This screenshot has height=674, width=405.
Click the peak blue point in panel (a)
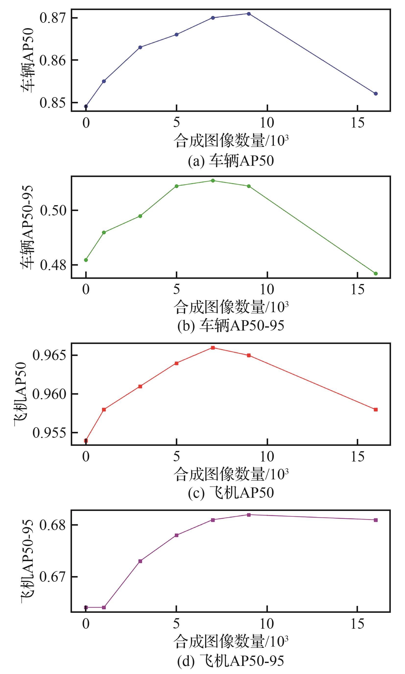[x=249, y=14]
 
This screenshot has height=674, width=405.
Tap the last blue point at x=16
[x=376, y=94]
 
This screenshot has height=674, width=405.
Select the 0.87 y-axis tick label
[x=53, y=18]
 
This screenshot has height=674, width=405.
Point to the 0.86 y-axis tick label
[x=53, y=60]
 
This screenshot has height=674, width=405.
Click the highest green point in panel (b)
[x=213, y=180]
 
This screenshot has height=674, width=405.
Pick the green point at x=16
[x=376, y=273]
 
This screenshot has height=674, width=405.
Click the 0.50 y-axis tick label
[x=53, y=210]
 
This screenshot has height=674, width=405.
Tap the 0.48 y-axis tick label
[x=53, y=265]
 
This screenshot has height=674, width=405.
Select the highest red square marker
[x=213, y=348]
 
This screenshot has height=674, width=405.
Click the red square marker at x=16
[x=376, y=410]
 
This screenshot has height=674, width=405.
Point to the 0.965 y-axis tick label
[x=49, y=355]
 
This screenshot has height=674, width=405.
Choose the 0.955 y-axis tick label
[x=49, y=433]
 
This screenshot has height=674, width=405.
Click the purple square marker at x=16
[x=376, y=520]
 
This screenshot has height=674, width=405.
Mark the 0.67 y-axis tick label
[x=53, y=577]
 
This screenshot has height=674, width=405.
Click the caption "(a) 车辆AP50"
[x=231, y=161]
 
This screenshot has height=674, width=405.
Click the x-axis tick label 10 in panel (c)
[x=267, y=457]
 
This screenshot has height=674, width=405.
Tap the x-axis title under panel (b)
[x=231, y=307]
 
